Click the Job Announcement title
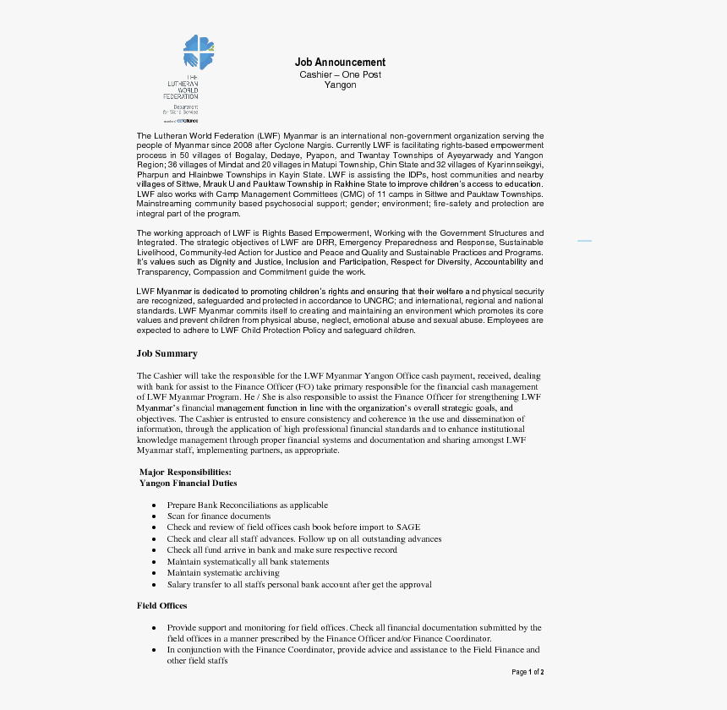pos(340,63)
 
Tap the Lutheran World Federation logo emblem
pos(199,52)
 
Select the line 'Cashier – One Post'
pos(340,74)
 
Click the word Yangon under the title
pos(340,85)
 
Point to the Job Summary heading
pos(167,353)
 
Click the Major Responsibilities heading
pos(185,472)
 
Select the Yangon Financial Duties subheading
pos(188,483)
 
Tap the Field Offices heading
pos(162,605)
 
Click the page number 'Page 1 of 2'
pos(527,672)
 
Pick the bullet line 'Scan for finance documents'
pos(219,516)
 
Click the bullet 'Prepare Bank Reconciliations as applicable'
pos(247,505)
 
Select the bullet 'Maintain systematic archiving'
pos(223,573)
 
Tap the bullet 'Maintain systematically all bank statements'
pos(248,561)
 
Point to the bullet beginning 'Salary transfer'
pos(299,584)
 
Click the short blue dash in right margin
pos(584,241)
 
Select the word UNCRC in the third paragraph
pos(377,301)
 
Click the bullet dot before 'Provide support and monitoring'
pos(153,628)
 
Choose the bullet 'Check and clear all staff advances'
pos(304,538)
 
